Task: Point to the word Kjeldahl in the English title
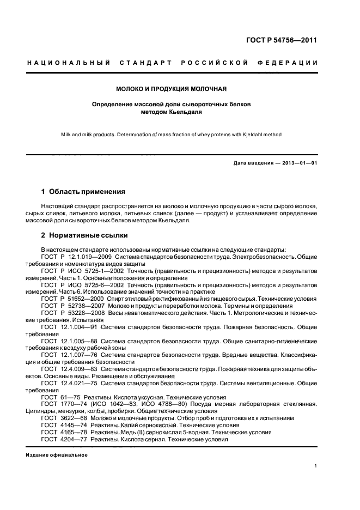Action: [x=256, y=135]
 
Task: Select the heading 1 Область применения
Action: [x=83, y=192]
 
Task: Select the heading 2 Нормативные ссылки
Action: [x=84, y=235]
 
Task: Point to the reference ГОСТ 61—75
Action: [x=56, y=397]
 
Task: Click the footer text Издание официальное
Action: [x=57, y=454]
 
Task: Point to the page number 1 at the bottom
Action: [x=316, y=466]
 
